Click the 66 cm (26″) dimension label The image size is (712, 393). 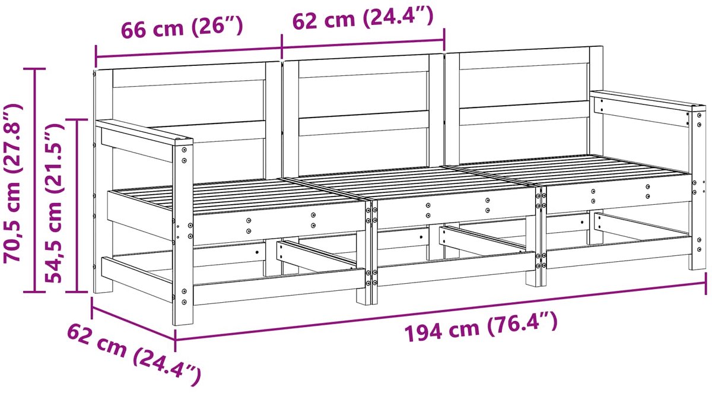(x=182, y=28)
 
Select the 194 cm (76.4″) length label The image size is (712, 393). (x=481, y=327)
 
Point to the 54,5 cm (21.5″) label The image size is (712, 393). (x=55, y=204)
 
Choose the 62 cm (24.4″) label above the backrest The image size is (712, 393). (x=363, y=18)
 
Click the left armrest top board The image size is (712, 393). (x=144, y=131)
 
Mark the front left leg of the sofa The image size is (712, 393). (x=183, y=235)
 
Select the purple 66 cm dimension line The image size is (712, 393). (x=189, y=52)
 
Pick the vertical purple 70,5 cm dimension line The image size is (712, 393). (x=35, y=180)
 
